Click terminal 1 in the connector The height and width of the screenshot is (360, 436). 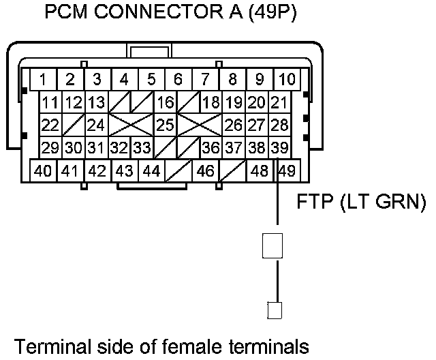[x=43, y=79]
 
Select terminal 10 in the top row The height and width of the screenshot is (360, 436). [x=287, y=79]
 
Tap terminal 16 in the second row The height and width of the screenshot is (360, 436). [x=165, y=102]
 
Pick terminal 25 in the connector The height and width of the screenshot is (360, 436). [x=165, y=125]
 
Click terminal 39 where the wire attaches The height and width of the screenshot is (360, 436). [x=279, y=147]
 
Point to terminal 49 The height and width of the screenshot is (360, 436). [x=287, y=170]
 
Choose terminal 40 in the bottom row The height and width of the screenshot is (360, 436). [x=43, y=170]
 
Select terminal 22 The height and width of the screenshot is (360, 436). [x=50, y=125]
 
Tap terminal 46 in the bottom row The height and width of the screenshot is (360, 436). [x=206, y=170]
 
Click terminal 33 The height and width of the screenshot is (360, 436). [x=142, y=147]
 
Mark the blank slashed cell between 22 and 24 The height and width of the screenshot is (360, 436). [x=74, y=125]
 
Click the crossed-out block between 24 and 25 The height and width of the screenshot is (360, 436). [x=131, y=125]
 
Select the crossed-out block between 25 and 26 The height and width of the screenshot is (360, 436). [x=200, y=125]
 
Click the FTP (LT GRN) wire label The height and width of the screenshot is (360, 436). [x=362, y=201]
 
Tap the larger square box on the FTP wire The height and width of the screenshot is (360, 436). [x=272, y=245]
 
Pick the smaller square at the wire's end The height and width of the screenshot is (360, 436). [x=275, y=310]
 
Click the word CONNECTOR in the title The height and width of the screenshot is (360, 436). [x=159, y=12]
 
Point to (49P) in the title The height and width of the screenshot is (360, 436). [x=272, y=12]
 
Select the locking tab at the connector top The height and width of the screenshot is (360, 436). [x=149, y=50]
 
